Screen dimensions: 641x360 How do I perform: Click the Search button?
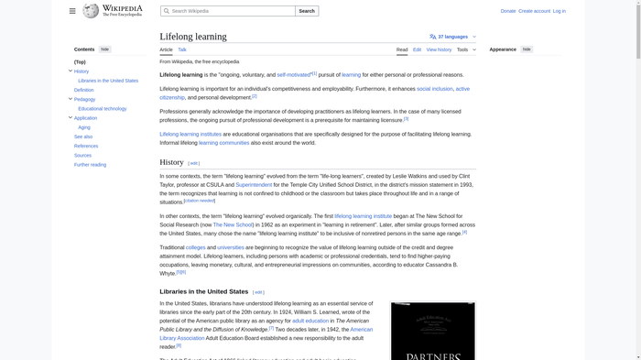(x=307, y=11)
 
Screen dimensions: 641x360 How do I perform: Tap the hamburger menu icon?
(x=72, y=11)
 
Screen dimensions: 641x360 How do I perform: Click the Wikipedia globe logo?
(x=91, y=11)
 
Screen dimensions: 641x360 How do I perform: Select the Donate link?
(x=508, y=11)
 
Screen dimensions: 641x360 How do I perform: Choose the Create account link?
(x=535, y=11)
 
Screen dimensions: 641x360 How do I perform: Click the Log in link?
(x=560, y=11)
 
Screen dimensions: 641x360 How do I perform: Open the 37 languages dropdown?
(x=453, y=37)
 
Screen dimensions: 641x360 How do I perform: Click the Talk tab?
(x=182, y=49)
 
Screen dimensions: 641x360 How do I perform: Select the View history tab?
(x=439, y=49)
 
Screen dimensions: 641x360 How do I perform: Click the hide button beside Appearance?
(x=527, y=49)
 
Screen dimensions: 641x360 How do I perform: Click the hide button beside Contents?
(x=105, y=49)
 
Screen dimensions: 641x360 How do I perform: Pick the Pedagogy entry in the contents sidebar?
(x=84, y=99)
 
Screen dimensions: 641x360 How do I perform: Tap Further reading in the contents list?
(x=90, y=165)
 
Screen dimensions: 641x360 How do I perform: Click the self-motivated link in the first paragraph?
(x=293, y=75)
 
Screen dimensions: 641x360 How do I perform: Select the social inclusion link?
(x=434, y=89)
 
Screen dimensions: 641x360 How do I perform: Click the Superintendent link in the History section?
(x=254, y=185)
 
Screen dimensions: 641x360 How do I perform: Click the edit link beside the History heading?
(x=193, y=163)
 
